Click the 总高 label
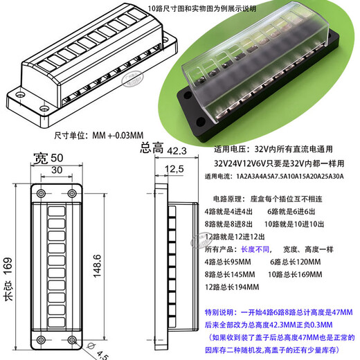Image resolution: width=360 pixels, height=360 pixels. point(152,147)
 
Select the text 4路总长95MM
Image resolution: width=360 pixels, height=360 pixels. point(228,261)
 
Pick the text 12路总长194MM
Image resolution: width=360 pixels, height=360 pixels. point(232,287)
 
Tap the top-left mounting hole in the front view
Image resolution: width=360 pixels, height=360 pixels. point(39,192)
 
